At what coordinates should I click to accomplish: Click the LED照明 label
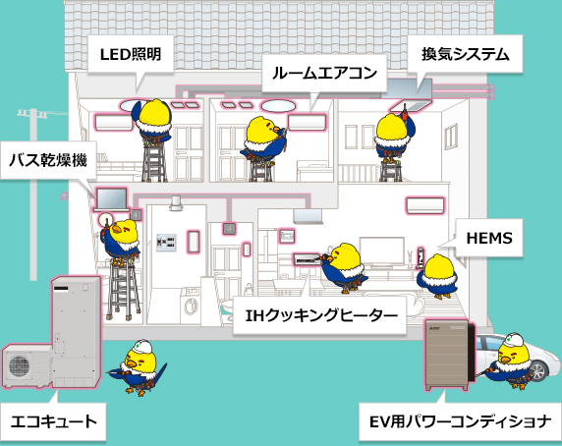[x=131, y=54]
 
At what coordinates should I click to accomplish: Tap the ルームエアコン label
[x=324, y=73]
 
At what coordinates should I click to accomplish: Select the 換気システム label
[x=466, y=54]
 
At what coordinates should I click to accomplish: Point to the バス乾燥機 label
[x=48, y=160]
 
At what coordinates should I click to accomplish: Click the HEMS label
[x=489, y=238]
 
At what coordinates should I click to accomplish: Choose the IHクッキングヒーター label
[x=321, y=315]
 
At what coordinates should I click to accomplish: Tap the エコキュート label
[x=54, y=421]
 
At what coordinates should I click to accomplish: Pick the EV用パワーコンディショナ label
[x=460, y=421]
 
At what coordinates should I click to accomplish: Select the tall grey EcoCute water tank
[x=76, y=331]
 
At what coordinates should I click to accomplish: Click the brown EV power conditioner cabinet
[x=447, y=355]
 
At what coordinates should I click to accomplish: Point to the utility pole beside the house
[x=33, y=194]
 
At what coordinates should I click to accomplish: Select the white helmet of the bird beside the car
[x=515, y=340]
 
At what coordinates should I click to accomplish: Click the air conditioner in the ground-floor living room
[x=425, y=205]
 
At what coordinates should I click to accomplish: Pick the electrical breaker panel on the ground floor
[x=166, y=243]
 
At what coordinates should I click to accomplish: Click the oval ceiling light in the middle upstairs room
[x=278, y=106]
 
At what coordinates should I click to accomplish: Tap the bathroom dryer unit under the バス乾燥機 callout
[x=112, y=199]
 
